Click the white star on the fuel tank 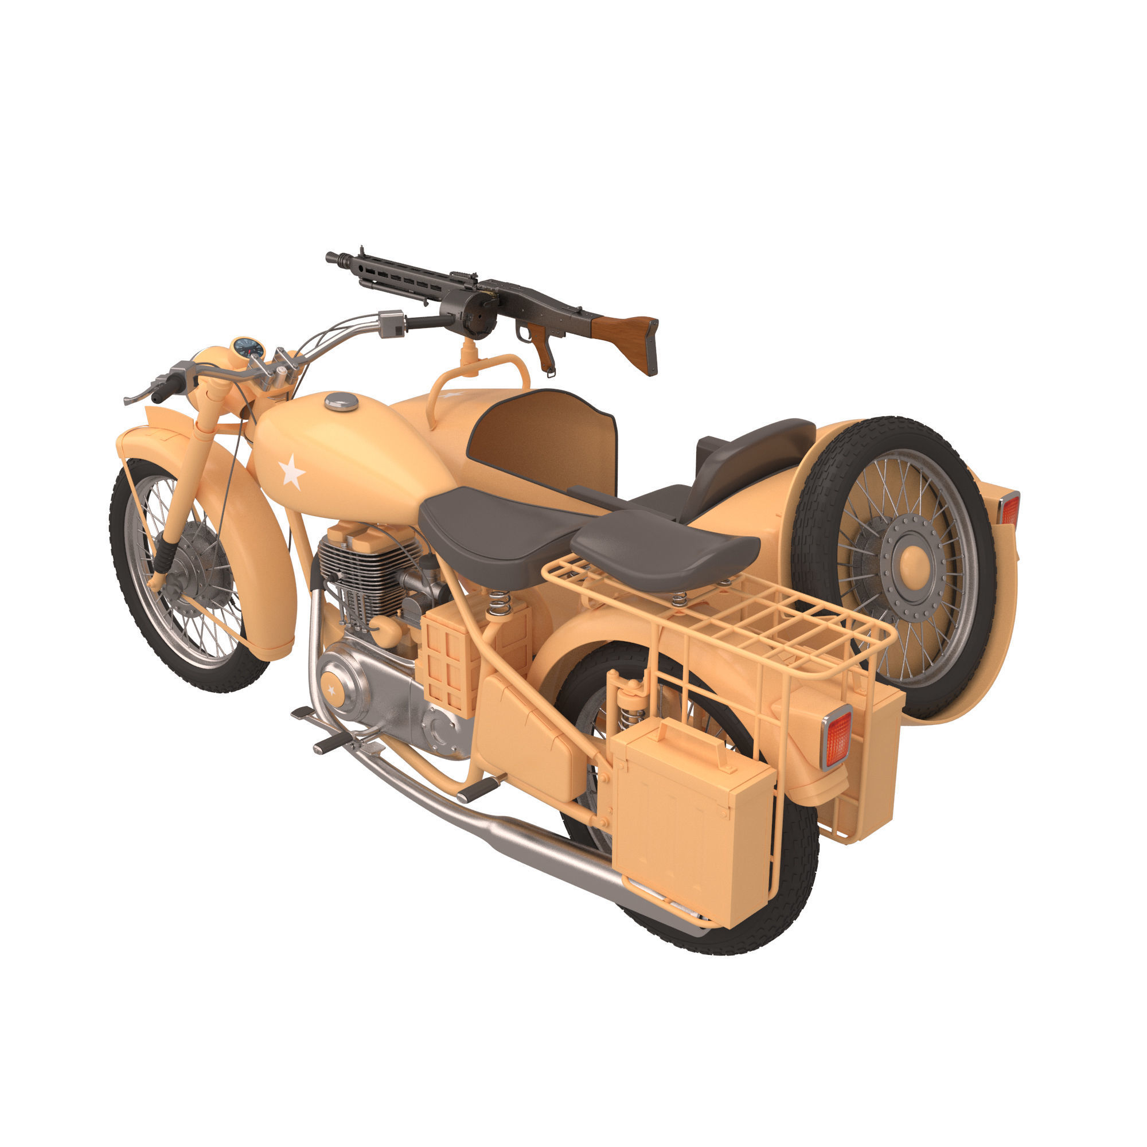point(291,473)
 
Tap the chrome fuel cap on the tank point(341,401)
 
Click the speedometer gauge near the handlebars point(248,348)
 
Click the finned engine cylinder point(362,576)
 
